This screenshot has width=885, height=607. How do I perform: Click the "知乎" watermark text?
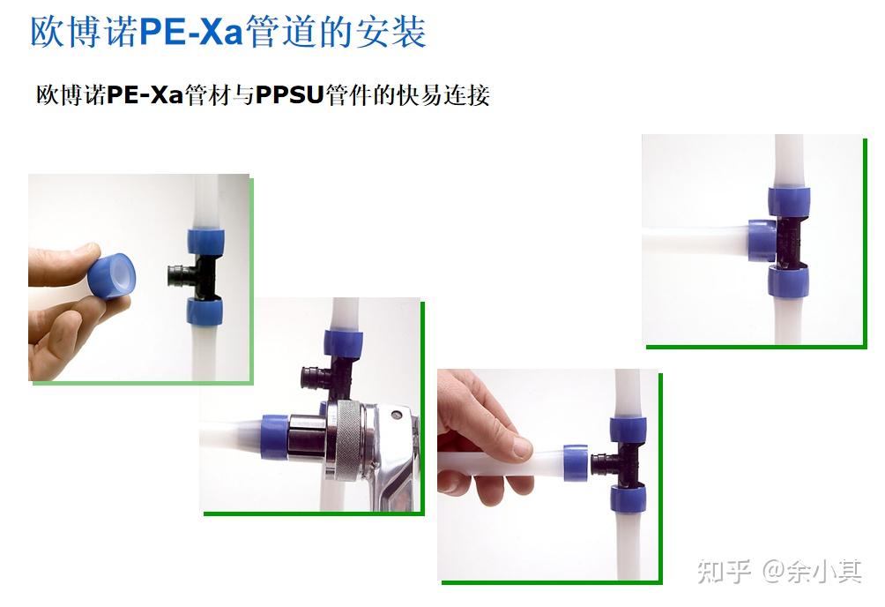pos(723,571)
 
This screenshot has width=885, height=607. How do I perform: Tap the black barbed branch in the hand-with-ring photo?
pos(179,275)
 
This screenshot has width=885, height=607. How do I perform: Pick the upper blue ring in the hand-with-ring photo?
pos(204,241)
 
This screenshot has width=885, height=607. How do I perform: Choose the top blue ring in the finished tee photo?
pos(788,202)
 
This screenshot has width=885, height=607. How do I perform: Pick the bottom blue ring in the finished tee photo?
pos(788,281)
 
